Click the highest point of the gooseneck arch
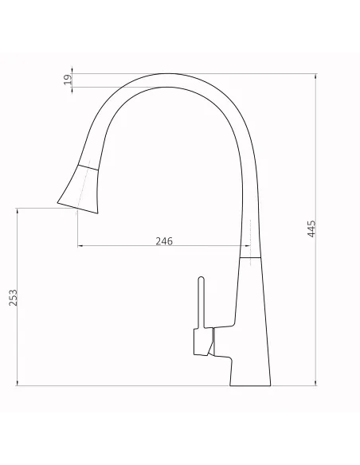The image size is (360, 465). point(167,74)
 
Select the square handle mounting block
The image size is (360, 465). point(198,343)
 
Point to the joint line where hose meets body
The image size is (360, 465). point(251,258)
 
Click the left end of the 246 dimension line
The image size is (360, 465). point(78,246)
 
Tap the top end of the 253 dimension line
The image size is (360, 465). point(18,209)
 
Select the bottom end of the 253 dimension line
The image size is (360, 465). point(18,386)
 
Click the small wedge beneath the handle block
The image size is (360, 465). point(209,345)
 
